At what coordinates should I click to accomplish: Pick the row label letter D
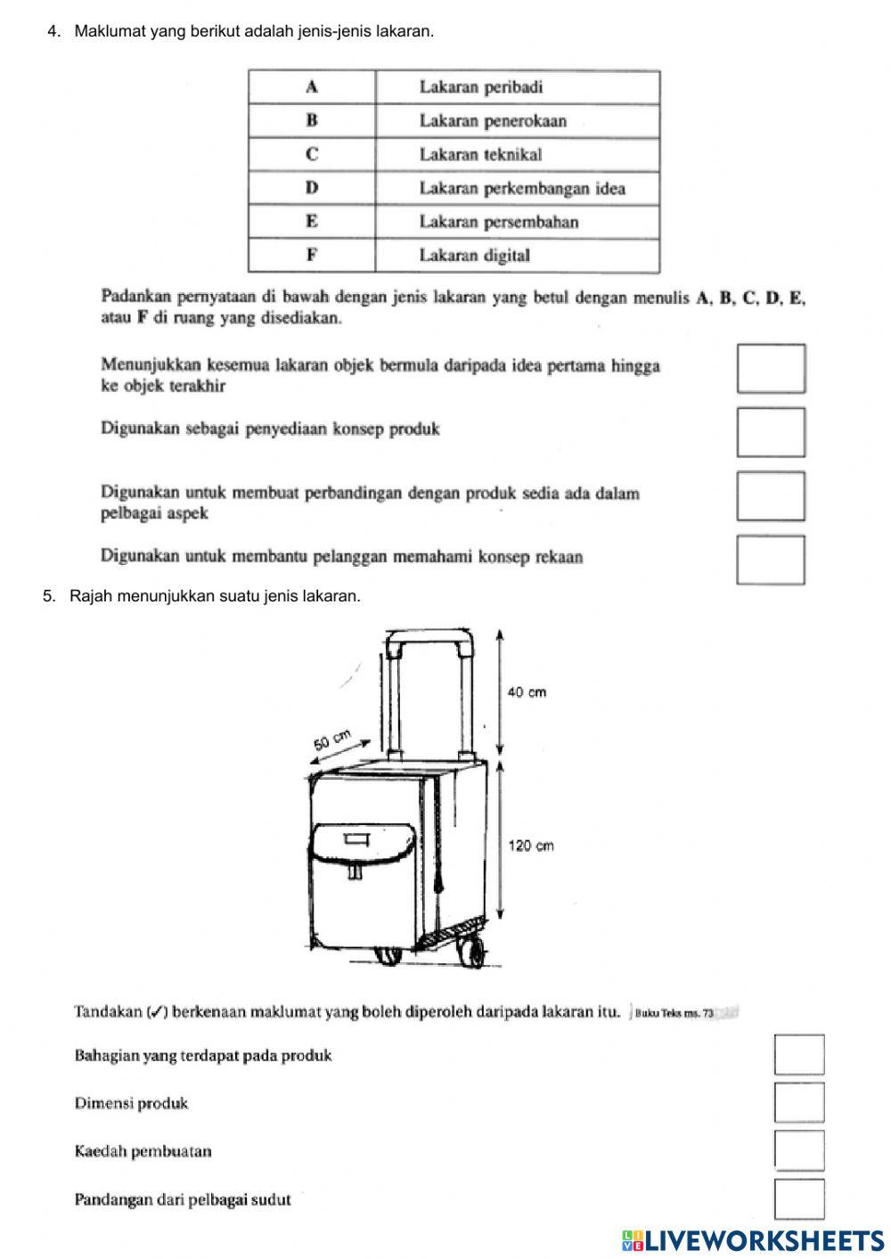tap(312, 188)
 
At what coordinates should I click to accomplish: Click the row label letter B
tap(312, 120)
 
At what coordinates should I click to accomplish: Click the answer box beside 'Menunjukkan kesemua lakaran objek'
tap(771, 368)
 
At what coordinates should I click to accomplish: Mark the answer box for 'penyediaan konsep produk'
tap(771, 432)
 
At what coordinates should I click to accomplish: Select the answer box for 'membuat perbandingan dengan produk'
tap(771, 496)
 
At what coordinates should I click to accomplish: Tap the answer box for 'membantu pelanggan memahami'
tap(771, 560)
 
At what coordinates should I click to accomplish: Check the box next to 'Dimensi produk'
tap(799, 1103)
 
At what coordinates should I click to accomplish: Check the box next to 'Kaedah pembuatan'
tap(799, 1150)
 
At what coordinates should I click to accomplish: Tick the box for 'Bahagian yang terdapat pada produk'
tap(799, 1055)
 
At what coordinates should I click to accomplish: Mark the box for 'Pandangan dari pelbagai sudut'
tap(799, 1198)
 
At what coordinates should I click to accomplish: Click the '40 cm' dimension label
tap(527, 692)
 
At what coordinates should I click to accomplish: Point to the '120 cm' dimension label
tap(531, 846)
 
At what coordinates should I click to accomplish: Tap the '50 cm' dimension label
tap(332, 740)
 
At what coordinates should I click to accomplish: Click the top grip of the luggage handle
tap(429, 637)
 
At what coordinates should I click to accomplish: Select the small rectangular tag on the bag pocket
tap(356, 838)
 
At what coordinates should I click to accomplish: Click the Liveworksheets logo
tap(753, 1240)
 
